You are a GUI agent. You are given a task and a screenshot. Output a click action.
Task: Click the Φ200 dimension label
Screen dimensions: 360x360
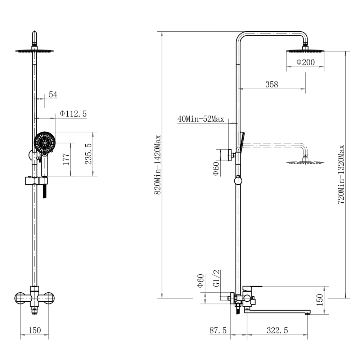pyautogui.click(x=305, y=62)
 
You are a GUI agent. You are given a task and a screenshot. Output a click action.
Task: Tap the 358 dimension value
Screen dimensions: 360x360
pyautogui.click(x=271, y=85)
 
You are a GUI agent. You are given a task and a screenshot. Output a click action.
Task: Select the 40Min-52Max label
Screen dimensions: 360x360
pyautogui.click(x=201, y=119)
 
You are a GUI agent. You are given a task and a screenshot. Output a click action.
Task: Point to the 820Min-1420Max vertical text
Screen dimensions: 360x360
pyautogui.click(x=158, y=165)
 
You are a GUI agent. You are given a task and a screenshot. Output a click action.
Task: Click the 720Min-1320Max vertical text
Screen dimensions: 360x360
pyautogui.click(x=341, y=175)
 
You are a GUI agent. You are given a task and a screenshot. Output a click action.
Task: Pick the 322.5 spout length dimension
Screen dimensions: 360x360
pyautogui.click(x=277, y=330)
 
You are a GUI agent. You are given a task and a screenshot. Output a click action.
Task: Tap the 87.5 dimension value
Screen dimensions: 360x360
pyautogui.click(x=218, y=330)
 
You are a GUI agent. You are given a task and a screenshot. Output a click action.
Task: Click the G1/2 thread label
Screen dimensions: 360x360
pyautogui.click(x=217, y=278)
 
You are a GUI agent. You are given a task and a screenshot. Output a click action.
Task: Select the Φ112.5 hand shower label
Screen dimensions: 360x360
pyautogui.click(x=73, y=114)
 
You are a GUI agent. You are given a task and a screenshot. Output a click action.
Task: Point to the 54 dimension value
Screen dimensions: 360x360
pyautogui.click(x=53, y=94)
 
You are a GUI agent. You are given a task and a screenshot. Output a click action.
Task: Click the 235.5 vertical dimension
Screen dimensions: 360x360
pyautogui.click(x=89, y=154)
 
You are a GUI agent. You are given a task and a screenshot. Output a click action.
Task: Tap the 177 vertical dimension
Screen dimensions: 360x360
pyautogui.click(x=66, y=159)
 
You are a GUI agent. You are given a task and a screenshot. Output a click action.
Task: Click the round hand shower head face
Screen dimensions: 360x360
pyautogui.click(x=45, y=143)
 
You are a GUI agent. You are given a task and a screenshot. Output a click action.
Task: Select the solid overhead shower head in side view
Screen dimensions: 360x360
pyautogui.click(x=305, y=51)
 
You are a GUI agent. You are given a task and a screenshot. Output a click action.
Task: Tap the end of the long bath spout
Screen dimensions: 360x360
pyautogui.click(x=307, y=312)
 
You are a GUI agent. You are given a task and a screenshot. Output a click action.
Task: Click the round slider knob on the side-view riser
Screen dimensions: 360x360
pyautogui.click(x=238, y=181)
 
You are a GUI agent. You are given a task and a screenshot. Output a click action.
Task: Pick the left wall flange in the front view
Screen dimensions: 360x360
pyautogui.click(x=21, y=298)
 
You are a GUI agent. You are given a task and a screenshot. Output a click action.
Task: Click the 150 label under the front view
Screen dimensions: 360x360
pyautogui.click(x=35, y=330)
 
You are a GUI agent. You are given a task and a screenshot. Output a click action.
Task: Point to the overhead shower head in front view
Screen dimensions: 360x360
pyautogui.click(x=35, y=51)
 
